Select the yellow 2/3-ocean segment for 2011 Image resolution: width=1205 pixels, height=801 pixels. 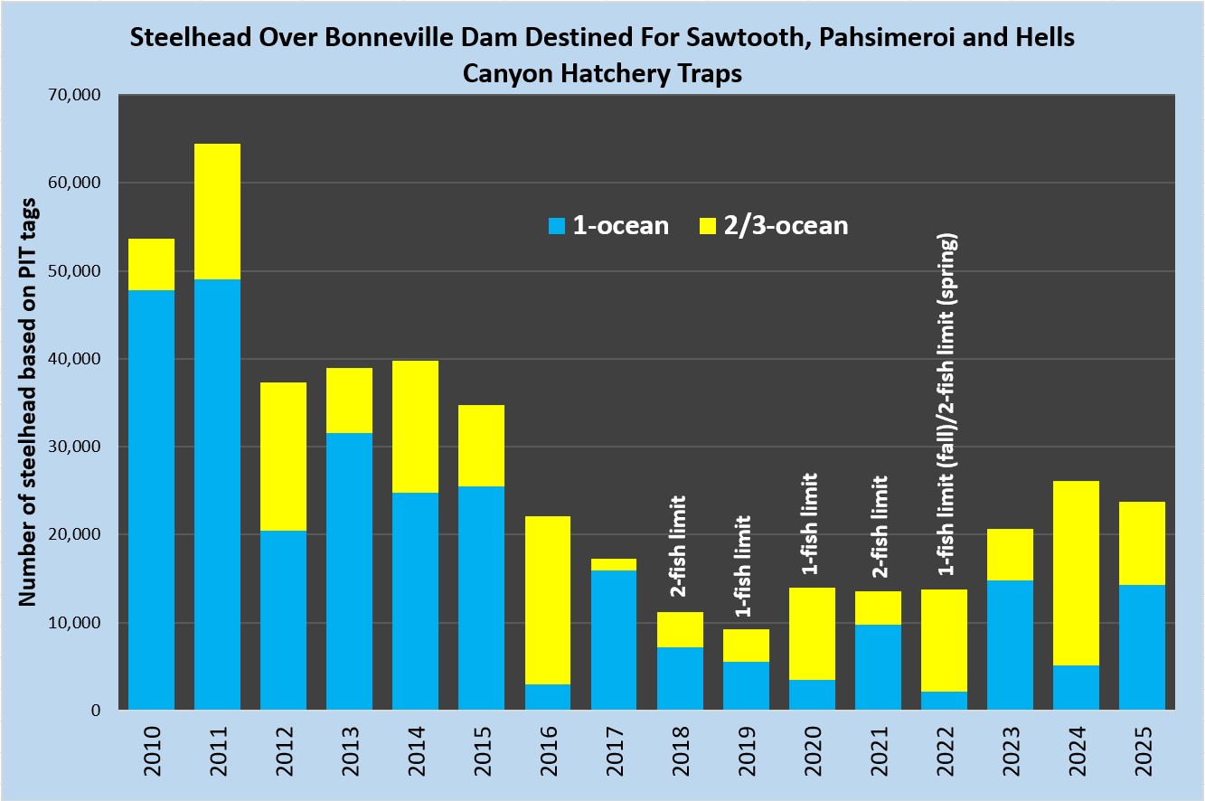217,212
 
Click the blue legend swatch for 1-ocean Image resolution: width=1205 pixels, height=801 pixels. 556,225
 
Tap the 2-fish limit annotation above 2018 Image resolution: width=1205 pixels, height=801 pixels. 679,546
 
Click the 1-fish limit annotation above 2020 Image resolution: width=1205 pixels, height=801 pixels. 811,524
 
